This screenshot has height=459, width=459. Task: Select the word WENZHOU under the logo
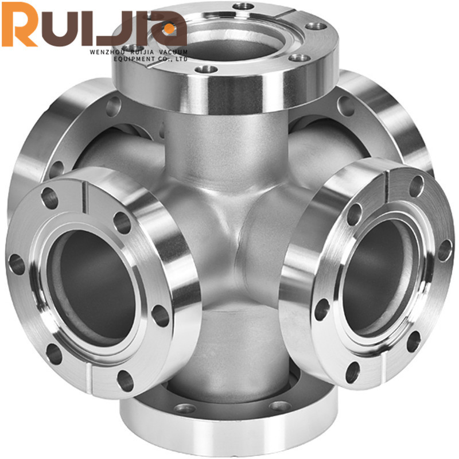click(107, 51)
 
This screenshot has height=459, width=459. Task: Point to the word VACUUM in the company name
click(172, 51)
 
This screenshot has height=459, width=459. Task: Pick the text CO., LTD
click(174, 59)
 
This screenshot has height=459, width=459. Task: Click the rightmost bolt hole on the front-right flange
click(444, 250)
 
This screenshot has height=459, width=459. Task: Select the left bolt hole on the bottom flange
click(184, 409)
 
